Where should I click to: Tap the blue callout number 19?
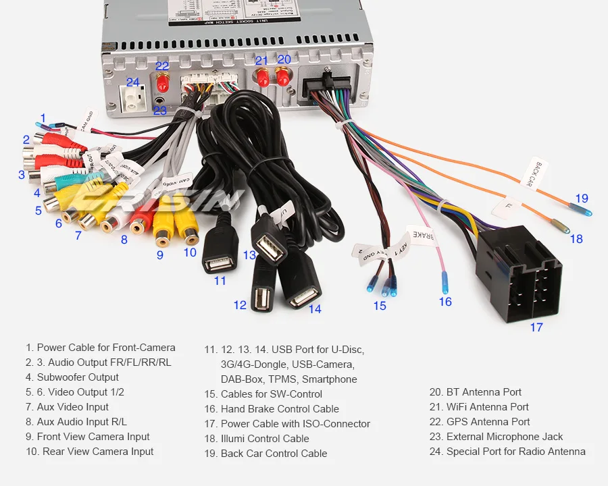coord(582,198)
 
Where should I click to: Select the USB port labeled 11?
coord(220,260)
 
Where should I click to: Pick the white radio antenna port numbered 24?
coord(133,101)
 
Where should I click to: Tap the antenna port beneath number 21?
coord(261,77)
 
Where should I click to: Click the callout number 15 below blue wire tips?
coord(380,306)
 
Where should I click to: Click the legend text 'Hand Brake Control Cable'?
coord(280,409)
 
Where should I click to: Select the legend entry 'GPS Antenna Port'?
coord(488,422)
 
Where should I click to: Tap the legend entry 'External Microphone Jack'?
coord(505,437)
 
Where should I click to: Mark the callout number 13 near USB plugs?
coord(250,255)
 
